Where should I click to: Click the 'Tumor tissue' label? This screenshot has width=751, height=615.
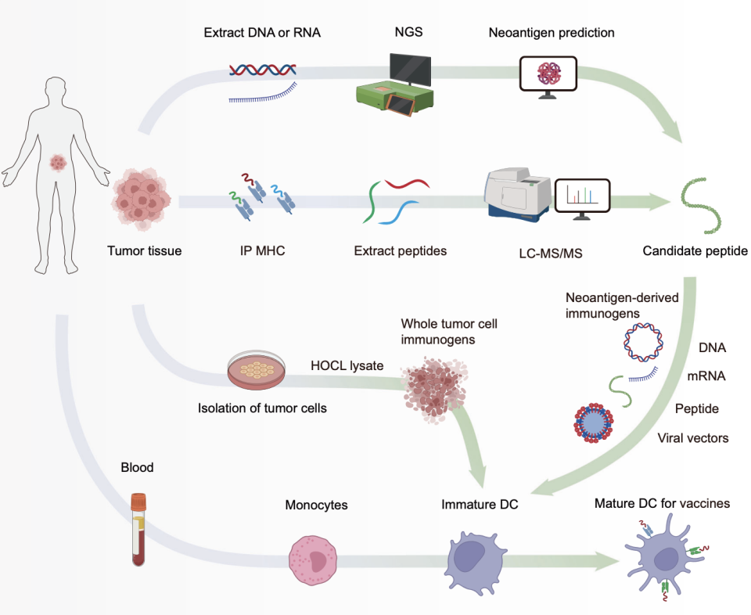tap(145, 251)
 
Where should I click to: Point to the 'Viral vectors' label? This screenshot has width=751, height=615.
tap(692, 438)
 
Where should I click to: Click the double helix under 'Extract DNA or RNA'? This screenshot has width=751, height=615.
tap(262, 70)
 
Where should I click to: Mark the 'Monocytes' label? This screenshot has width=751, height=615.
tap(316, 505)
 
